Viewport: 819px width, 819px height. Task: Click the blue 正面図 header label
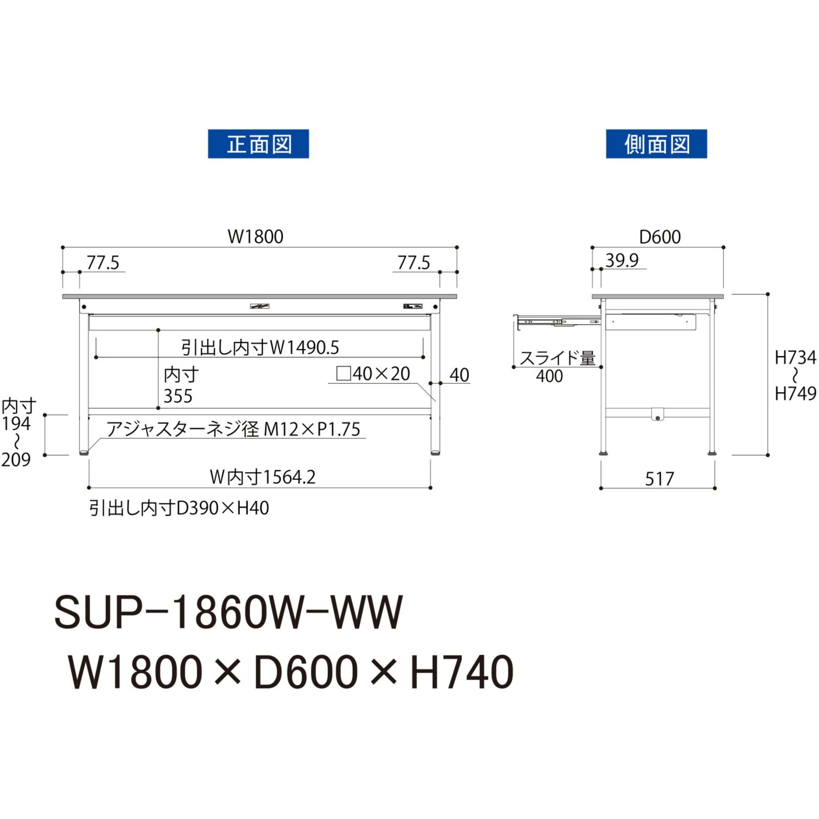click(258, 144)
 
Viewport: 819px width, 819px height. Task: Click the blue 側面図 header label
click(656, 144)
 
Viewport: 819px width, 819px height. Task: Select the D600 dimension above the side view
click(660, 237)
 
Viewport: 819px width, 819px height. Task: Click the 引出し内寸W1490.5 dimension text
click(260, 348)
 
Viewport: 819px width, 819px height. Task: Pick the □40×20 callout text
click(373, 374)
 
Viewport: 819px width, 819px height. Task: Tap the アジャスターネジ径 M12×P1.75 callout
click(233, 429)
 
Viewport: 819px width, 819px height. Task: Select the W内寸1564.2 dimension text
click(263, 477)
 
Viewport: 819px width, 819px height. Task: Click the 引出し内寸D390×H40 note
click(179, 508)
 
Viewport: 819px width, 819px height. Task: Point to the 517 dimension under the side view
click(659, 479)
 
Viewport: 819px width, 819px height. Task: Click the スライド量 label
click(558, 358)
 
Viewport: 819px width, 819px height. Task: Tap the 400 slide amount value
click(549, 376)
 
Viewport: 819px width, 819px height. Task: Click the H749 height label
click(795, 394)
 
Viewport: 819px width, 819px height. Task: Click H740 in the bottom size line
click(462, 673)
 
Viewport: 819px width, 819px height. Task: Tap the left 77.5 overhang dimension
click(103, 263)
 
